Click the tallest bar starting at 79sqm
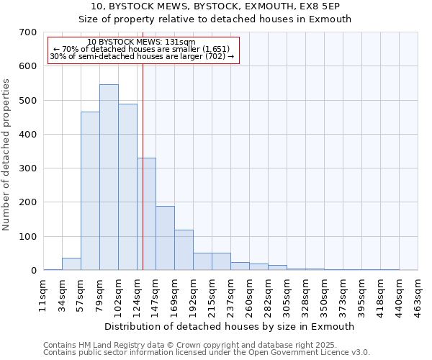109,177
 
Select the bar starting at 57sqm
90,191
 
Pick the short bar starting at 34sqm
71,264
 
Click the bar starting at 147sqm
165,238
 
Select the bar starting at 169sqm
184,250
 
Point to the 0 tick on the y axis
33,271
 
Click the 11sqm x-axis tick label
43,295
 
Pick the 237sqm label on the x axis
230,295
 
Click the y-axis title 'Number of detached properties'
6,155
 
